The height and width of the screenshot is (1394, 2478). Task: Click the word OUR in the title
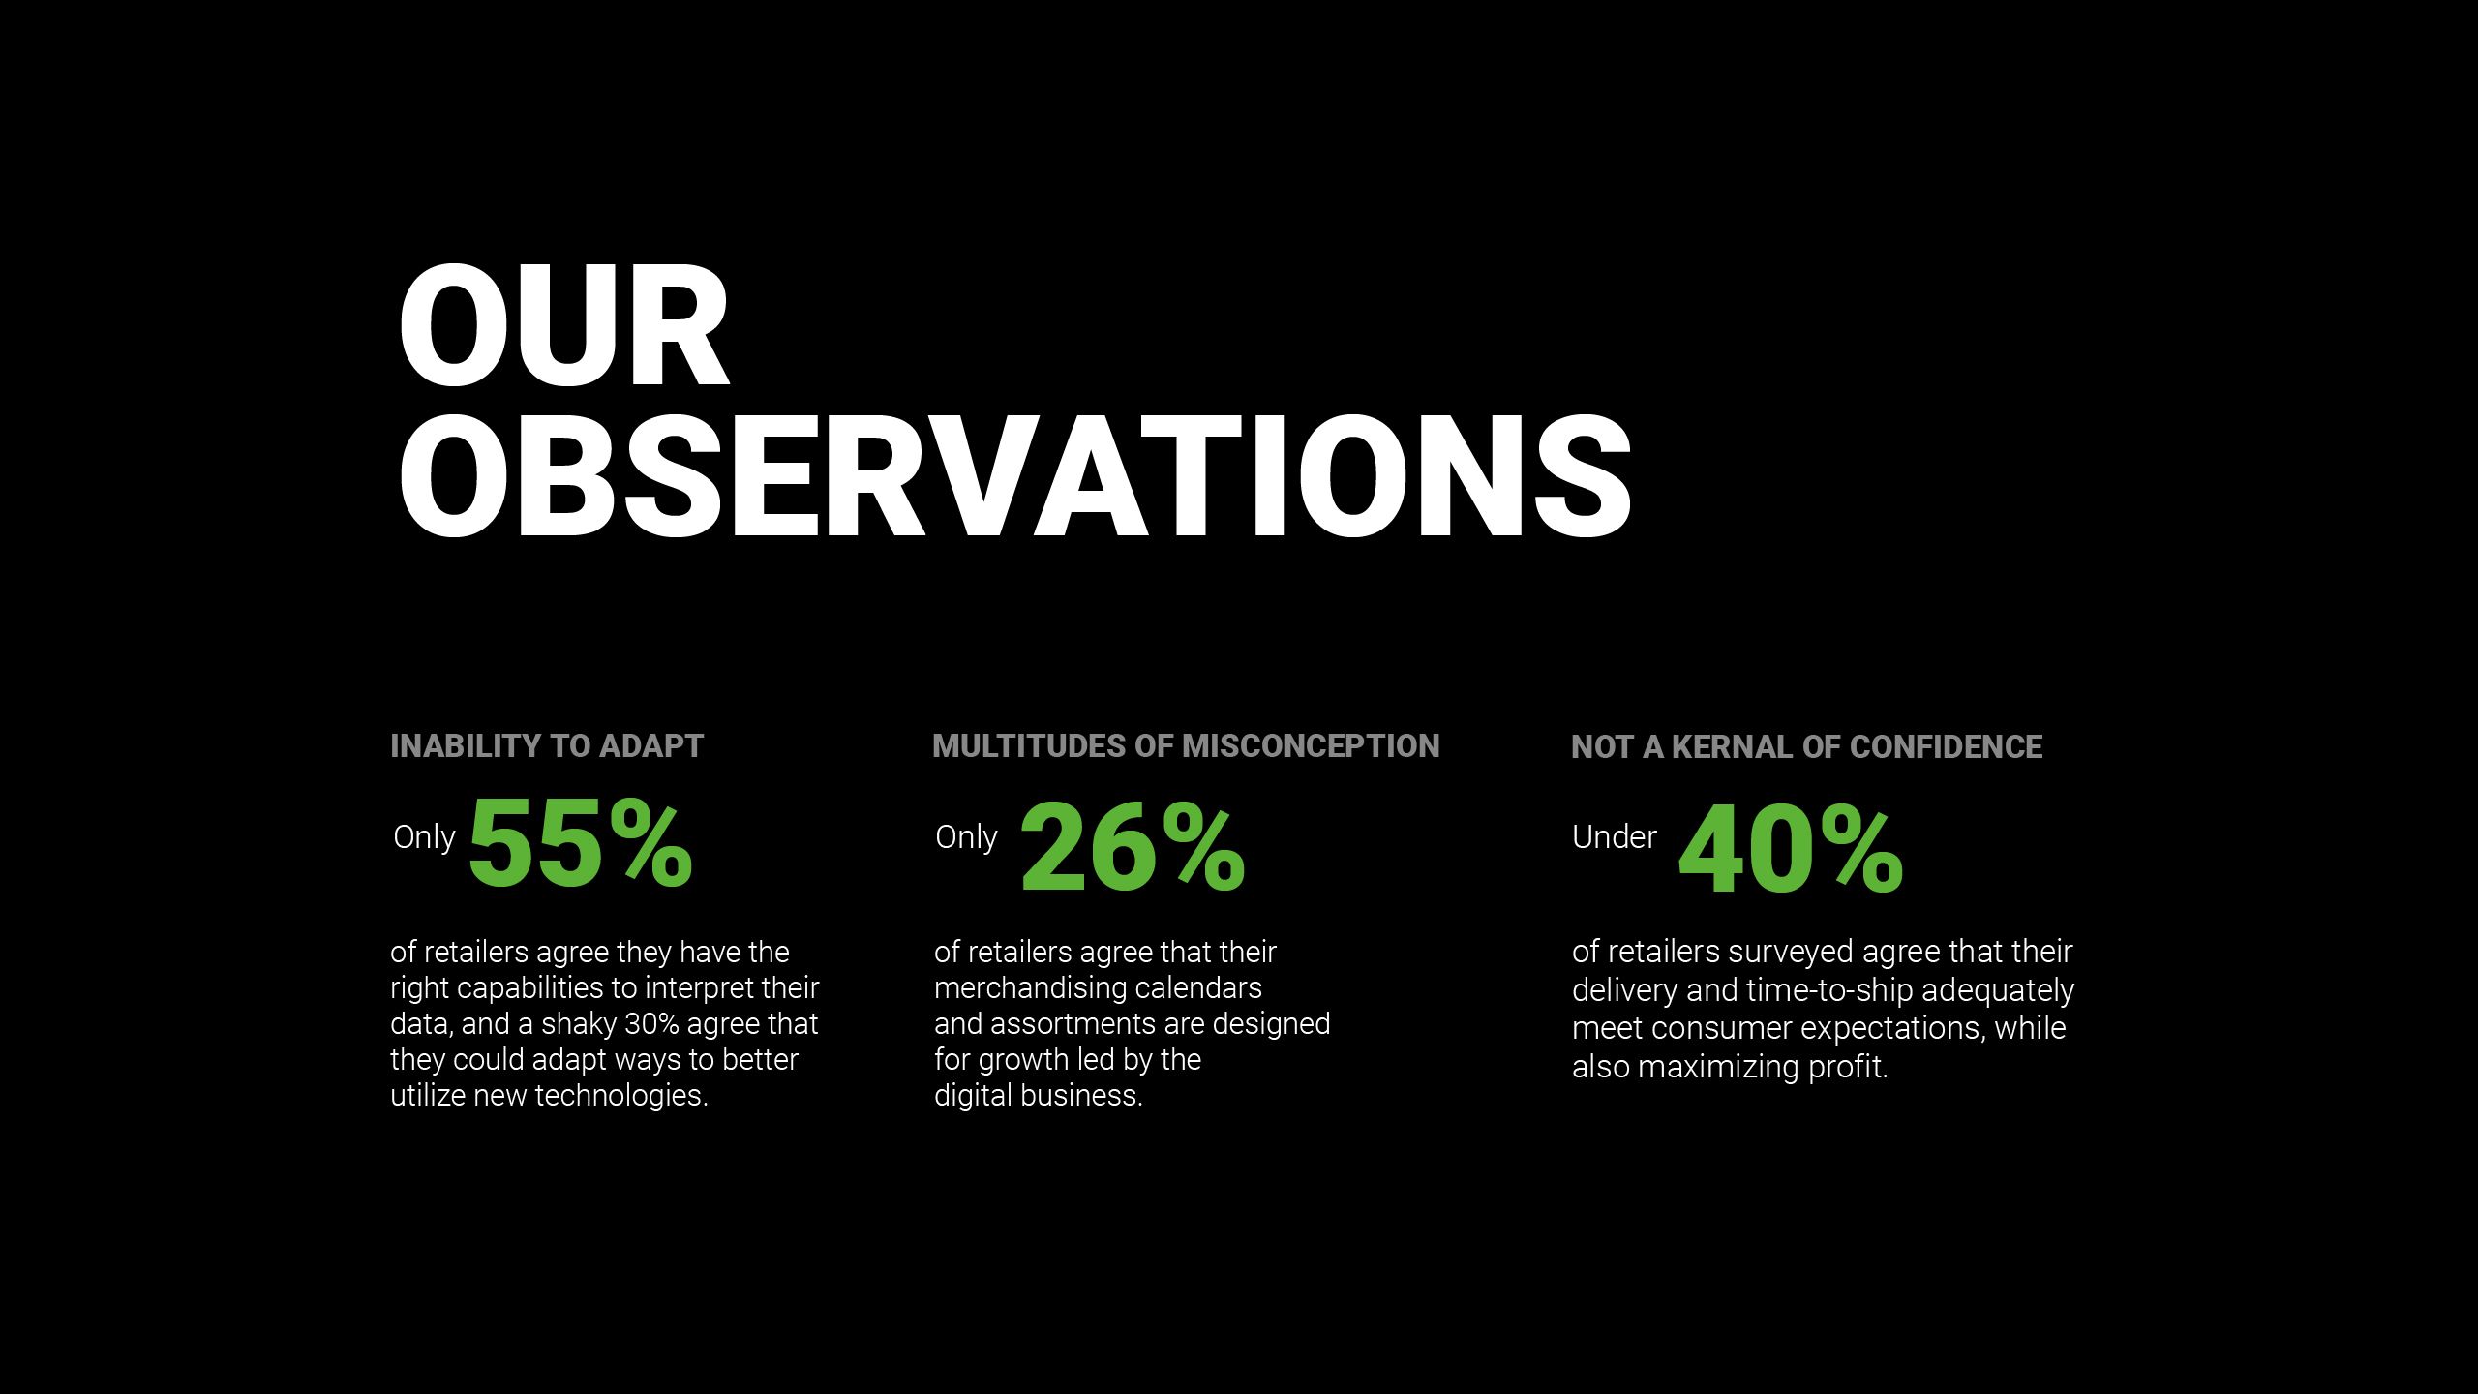563,327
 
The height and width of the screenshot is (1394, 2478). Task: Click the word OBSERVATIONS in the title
1014,476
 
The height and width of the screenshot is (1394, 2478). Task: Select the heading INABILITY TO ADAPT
547,746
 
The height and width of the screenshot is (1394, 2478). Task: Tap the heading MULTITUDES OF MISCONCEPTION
1186,746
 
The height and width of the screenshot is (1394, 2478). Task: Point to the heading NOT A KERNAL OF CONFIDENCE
1806,747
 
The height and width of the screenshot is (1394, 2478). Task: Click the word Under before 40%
1614,837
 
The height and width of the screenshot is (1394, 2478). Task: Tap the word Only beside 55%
424,837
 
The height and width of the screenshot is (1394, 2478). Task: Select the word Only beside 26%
966,837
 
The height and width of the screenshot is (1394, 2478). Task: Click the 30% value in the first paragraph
651,1024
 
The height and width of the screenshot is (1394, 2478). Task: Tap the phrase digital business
1038,1096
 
